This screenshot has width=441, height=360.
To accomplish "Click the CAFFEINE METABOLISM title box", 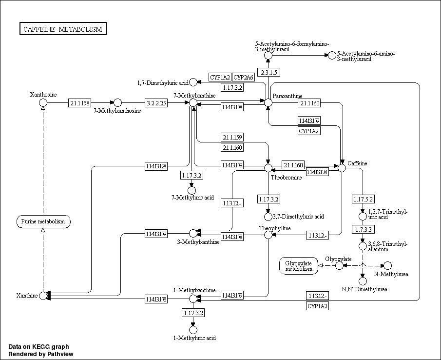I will (x=63, y=29).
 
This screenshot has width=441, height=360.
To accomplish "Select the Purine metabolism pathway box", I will (x=43, y=222).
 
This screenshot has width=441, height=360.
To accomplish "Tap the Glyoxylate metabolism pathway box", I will (x=299, y=266).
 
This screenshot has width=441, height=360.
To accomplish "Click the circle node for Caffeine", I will (x=342, y=168).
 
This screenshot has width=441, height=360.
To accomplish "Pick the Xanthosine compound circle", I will (x=43, y=102).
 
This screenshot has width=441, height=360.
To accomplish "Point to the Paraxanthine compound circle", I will (x=268, y=102).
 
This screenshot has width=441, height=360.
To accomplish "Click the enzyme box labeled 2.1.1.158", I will (x=79, y=103).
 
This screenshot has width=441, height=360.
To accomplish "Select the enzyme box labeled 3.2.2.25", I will (x=156, y=103).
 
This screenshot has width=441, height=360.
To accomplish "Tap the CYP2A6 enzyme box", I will (x=243, y=77).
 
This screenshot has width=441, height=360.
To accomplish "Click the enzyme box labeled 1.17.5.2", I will (x=363, y=199).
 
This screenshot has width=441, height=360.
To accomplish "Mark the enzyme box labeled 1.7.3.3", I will (x=363, y=229).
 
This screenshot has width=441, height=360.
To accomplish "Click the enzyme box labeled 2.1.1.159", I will (x=232, y=137).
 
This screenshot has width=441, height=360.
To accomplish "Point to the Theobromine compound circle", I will (x=268, y=168).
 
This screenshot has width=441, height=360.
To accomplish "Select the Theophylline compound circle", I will (x=268, y=235).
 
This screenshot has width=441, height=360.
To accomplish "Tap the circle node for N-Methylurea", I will (x=388, y=265).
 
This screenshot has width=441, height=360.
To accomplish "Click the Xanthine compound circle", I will (x=43, y=295).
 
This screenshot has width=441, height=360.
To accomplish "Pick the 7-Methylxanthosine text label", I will (x=117, y=111).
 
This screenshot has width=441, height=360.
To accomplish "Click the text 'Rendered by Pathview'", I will (x=40, y=354).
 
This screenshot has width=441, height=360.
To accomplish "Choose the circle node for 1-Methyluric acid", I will (x=193, y=330).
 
